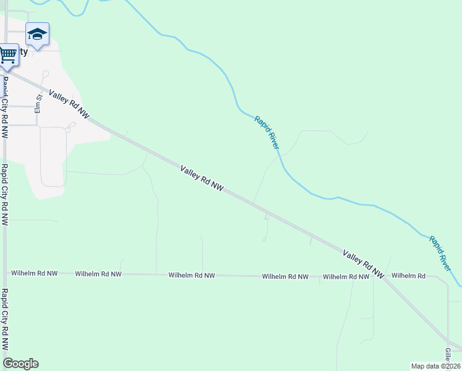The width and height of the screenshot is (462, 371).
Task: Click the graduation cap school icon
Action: point(37,35)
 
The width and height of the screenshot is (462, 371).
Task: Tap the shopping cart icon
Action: point(7,54)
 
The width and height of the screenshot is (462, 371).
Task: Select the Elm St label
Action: point(38,103)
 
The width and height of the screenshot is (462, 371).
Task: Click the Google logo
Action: point(20,364)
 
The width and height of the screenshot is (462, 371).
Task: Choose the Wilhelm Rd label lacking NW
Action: point(408,276)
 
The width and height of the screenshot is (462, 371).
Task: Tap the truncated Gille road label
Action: point(448,355)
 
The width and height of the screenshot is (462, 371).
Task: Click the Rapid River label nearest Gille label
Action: point(441,252)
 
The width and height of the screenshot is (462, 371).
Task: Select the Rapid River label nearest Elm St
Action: point(267,132)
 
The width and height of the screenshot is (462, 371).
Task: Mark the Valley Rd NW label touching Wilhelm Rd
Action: point(364,263)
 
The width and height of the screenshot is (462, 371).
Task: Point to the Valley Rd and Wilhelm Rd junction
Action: point(384,276)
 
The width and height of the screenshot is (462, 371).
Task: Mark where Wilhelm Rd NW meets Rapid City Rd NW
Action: point(5,272)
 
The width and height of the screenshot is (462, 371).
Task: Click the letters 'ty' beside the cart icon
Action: point(23,52)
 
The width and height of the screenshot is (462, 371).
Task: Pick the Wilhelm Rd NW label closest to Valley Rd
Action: point(346,277)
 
